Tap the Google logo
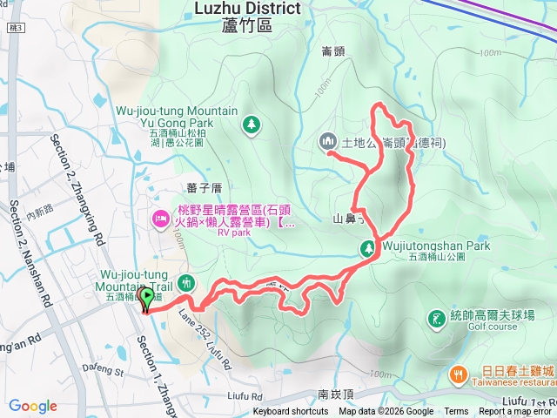pos(32,406)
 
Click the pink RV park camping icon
pos(160,217)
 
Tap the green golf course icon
pos(435,320)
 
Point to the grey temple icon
pos(327,140)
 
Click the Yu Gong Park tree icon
pos(251,125)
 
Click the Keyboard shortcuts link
pos(291,412)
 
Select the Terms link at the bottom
pos(456,412)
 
